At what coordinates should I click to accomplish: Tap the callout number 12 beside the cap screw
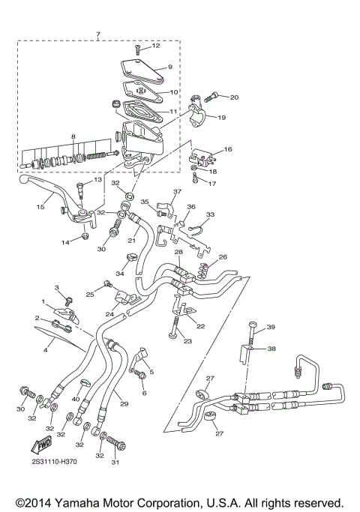coord(156,46)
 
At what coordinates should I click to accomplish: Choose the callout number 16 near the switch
coord(228,150)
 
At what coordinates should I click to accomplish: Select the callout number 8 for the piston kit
coord(73,137)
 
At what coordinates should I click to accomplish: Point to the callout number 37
coord(178,192)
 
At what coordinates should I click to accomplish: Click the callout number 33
coord(210,215)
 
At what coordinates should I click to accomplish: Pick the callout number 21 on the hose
coord(131,241)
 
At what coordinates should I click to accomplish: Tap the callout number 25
coord(90,294)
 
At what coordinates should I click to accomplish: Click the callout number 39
coord(271,327)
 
